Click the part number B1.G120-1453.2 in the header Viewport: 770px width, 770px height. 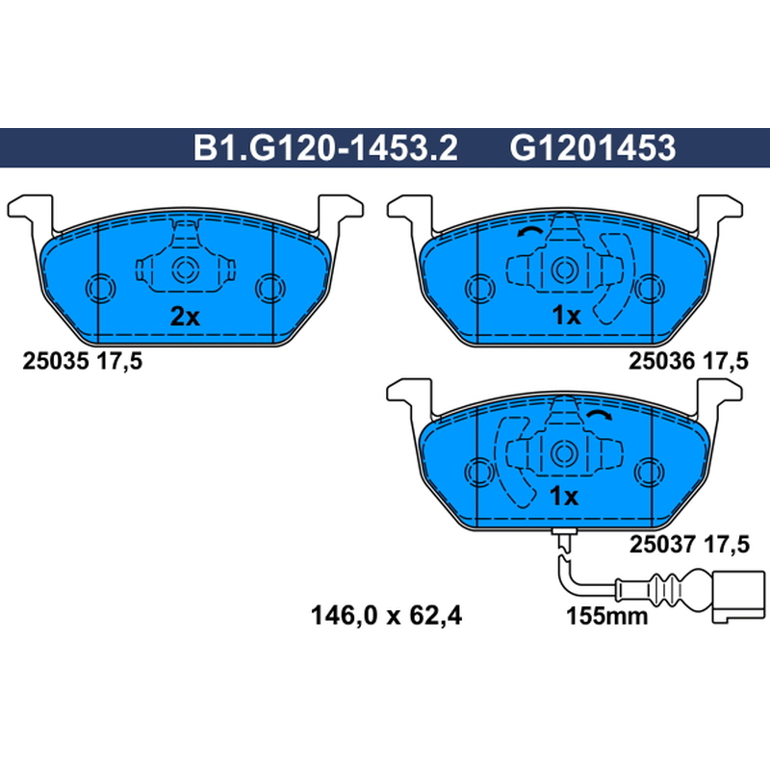click(325, 148)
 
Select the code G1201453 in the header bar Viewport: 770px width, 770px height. click(593, 148)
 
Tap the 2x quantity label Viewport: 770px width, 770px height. click(185, 317)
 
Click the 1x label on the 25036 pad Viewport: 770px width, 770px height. click(566, 316)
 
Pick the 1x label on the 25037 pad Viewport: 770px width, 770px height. click(564, 497)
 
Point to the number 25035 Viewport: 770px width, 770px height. click(56, 362)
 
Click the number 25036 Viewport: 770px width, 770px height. click(662, 362)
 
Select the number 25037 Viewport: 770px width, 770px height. click(662, 544)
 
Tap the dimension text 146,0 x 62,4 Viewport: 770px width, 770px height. click(387, 615)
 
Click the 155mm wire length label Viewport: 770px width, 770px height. click(607, 616)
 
